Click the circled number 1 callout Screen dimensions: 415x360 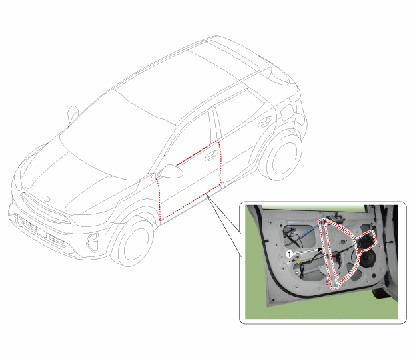[x=290, y=254]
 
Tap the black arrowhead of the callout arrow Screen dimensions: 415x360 [x=320, y=250]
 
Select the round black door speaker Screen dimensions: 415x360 [x=367, y=258]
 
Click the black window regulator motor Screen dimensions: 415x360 [x=365, y=241]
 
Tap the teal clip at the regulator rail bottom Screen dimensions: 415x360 [x=335, y=285]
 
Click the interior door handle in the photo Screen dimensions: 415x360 [x=336, y=217]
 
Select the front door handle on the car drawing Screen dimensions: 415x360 [x=211, y=156]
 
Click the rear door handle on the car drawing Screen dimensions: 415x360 [x=264, y=122]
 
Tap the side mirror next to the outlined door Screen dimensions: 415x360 [x=171, y=172]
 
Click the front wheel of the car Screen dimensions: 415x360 [x=133, y=242]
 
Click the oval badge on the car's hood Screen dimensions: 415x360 [x=46, y=198]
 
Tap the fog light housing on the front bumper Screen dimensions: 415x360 [x=93, y=242]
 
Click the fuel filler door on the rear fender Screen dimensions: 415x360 [x=287, y=113]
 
